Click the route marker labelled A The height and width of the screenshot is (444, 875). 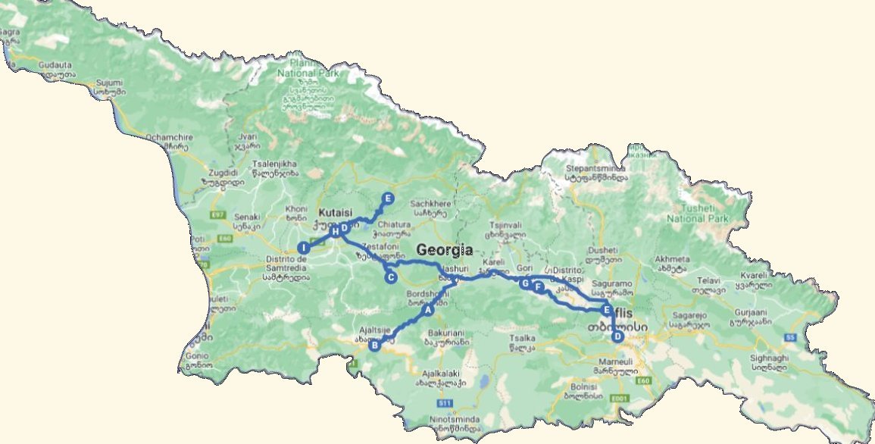(x=427, y=309)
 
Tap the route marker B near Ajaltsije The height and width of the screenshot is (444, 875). (x=373, y=346)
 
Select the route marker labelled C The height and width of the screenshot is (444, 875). (x=391, y=277)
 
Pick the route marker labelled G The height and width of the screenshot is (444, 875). (x=524, y=283)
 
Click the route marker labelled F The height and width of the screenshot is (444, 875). (x=537, y=287)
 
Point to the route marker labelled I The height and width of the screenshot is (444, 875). (x=303, y=248)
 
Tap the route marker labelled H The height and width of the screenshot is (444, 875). (x=334, y=231)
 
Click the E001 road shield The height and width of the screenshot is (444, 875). (x=620, y=398)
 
